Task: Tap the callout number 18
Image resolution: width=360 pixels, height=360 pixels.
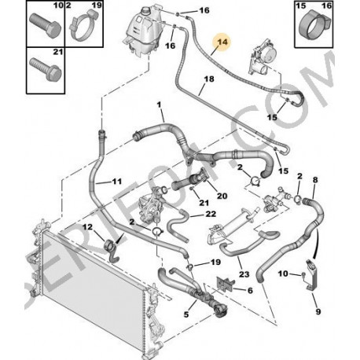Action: [208, 80]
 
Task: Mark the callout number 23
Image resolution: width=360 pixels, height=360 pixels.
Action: [244, 274]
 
